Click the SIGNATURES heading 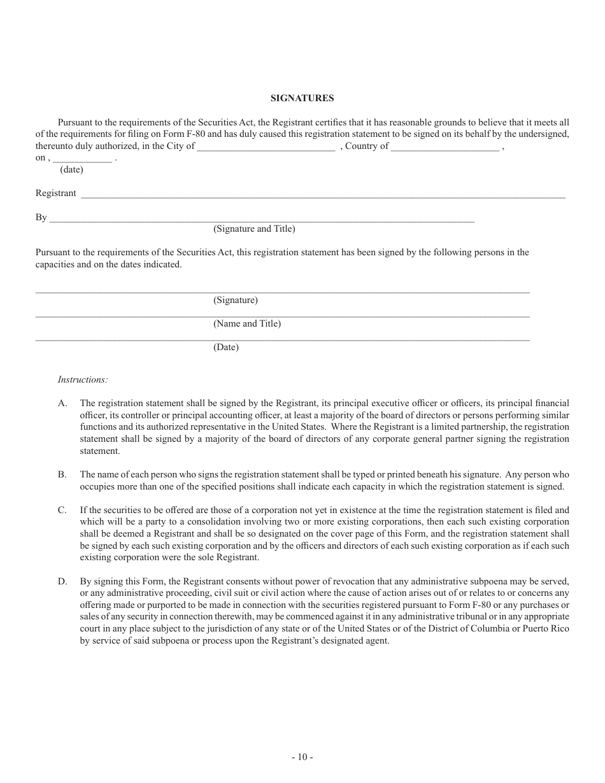coord(302,98)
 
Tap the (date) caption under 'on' coord(71,170)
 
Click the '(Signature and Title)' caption coord(254,229)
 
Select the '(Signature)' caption coord(236,300)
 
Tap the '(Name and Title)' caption coord(247,323)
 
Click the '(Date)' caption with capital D coord(226,348)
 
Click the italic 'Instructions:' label coord(83,379)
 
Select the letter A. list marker coord(62,403)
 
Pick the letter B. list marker coord(62,474)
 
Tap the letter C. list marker coord(62,510)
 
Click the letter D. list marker coord(62,581)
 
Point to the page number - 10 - coord(302,757)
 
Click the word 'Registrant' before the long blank coord(55,193)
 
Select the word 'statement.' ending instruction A coord(99,451)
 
